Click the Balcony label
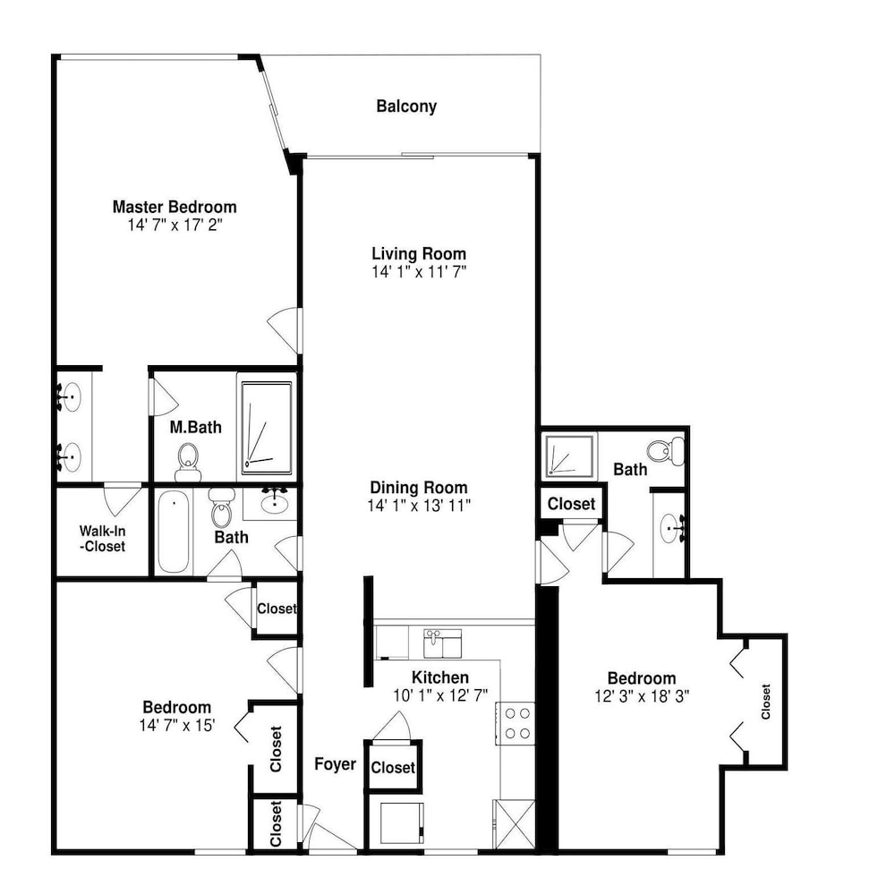(x=406, y=106)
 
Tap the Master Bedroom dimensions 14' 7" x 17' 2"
(x=175, y=225)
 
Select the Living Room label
(x=419, y=253)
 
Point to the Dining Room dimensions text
(x=419, y=506)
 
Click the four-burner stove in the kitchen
(x=516, y=723)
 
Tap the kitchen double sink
(x=442, y=643)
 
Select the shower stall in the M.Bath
(x=267, y=428)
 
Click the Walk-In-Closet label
(x=103, y=539)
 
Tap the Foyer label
(x=335, y=763)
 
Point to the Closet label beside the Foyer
(x=393, y=767)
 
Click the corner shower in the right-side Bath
(x=568, y=456)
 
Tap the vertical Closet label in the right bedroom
(x=766, y=702)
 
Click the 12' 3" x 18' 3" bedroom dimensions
(x=642, y=696)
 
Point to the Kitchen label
(x=440, y=677)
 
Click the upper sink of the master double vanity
(x=70, y=396)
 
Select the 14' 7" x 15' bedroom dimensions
(x=177, y=726)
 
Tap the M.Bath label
(x=196, y=427)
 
